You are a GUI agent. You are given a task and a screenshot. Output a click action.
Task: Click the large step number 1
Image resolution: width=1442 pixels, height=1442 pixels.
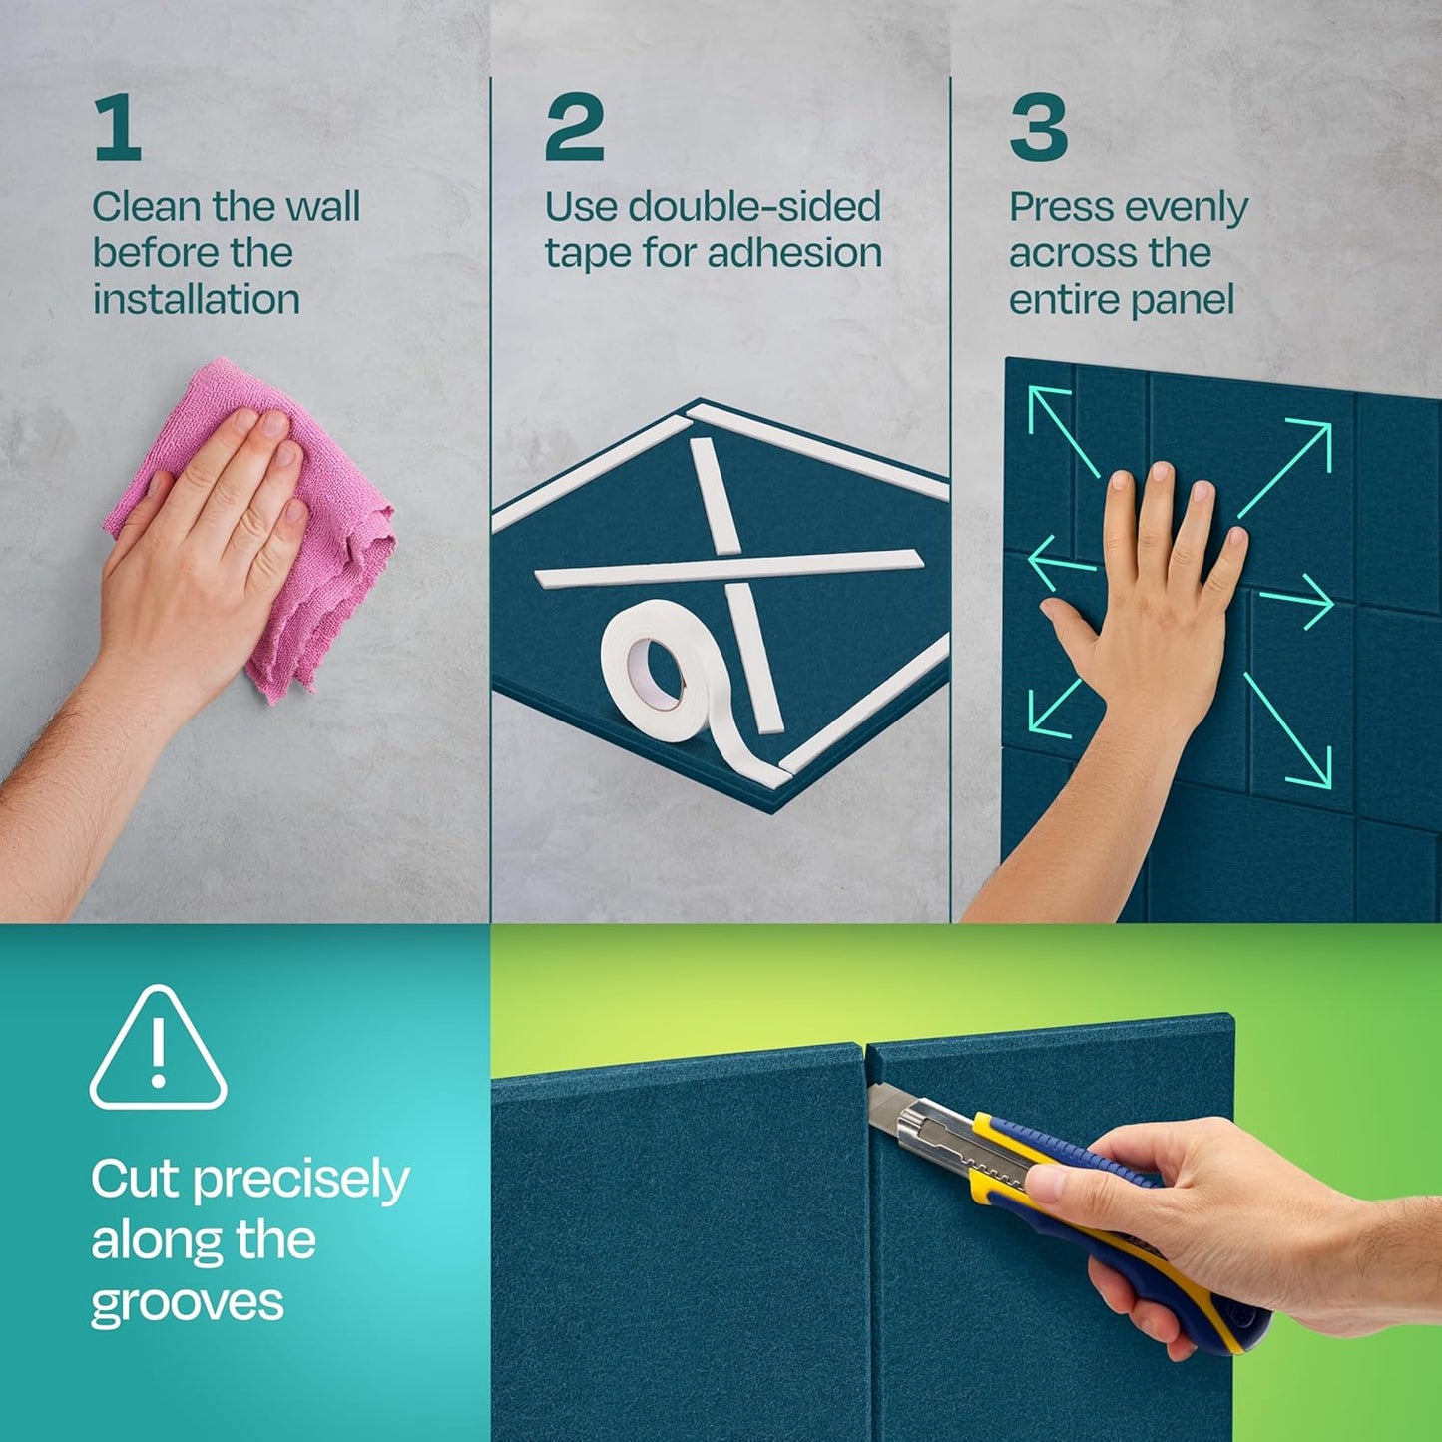[118, 128]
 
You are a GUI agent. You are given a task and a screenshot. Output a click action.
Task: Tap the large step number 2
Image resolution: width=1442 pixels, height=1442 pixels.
[574, 128]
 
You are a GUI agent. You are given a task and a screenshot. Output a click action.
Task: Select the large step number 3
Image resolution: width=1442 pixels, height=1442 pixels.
[1038, 128]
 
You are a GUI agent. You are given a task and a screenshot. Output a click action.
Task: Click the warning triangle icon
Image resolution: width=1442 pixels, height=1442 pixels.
[158, 1051]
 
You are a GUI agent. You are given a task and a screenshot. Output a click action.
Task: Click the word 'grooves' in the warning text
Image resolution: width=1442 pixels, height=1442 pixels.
[188, 1303]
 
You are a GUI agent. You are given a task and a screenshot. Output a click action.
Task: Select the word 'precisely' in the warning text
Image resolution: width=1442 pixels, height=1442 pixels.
[300, 1181]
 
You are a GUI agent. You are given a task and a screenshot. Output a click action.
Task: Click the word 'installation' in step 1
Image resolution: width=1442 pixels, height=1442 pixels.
[197, 299]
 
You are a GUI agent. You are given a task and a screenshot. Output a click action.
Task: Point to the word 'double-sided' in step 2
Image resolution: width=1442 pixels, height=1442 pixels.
[754, 207]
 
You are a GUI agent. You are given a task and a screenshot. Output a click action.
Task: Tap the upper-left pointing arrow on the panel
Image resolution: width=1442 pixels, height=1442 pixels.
[1062, 431]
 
